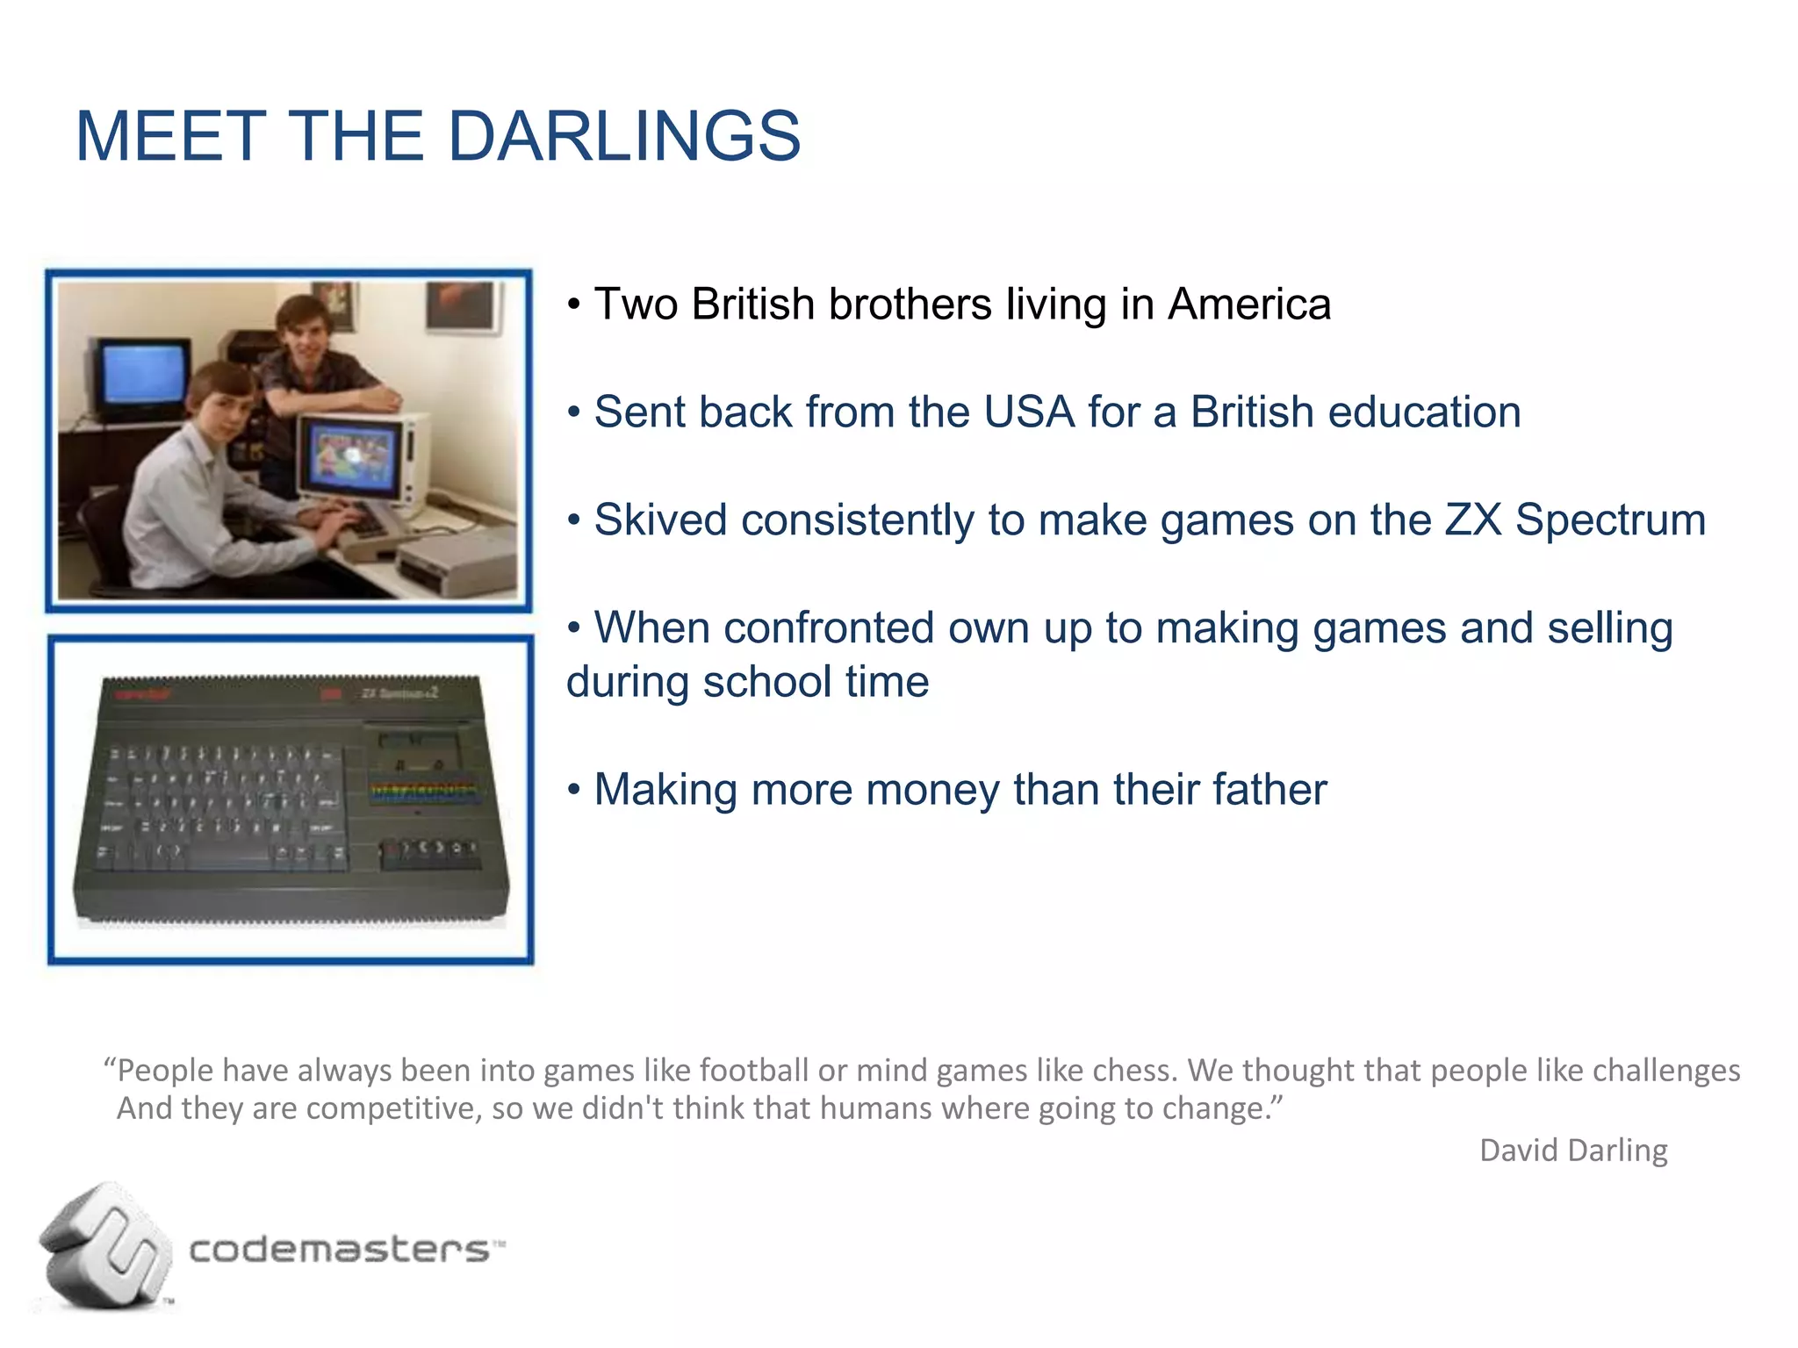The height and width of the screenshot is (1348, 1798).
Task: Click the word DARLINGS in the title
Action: click(624, 137)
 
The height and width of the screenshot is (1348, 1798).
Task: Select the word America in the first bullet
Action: click(1248, 305)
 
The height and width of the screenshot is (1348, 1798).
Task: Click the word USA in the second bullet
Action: click(1029, 412)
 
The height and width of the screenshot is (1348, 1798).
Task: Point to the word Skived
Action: click(660, 520)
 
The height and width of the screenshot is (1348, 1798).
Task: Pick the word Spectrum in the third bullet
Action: click(1610, 520)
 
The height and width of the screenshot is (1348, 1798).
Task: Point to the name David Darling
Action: click(1573, 1151)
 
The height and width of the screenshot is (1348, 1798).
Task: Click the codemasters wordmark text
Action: click(339, 1249)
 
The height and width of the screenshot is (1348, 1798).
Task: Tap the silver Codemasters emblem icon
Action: click(105, 1246)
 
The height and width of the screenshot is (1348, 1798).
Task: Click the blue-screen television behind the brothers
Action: click(142, 376)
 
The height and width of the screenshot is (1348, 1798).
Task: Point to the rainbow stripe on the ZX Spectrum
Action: click(425, 789)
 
